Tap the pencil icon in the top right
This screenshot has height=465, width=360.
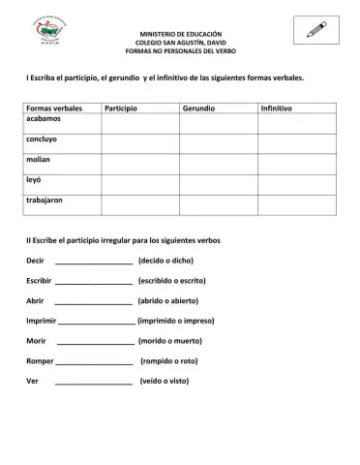[x=316, y=30]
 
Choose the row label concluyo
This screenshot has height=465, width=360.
[x=45, y=139]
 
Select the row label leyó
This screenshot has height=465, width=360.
[x=35, y=180]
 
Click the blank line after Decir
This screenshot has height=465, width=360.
[x=94, y=262]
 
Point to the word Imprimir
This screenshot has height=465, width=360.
[x=41, y=321]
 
